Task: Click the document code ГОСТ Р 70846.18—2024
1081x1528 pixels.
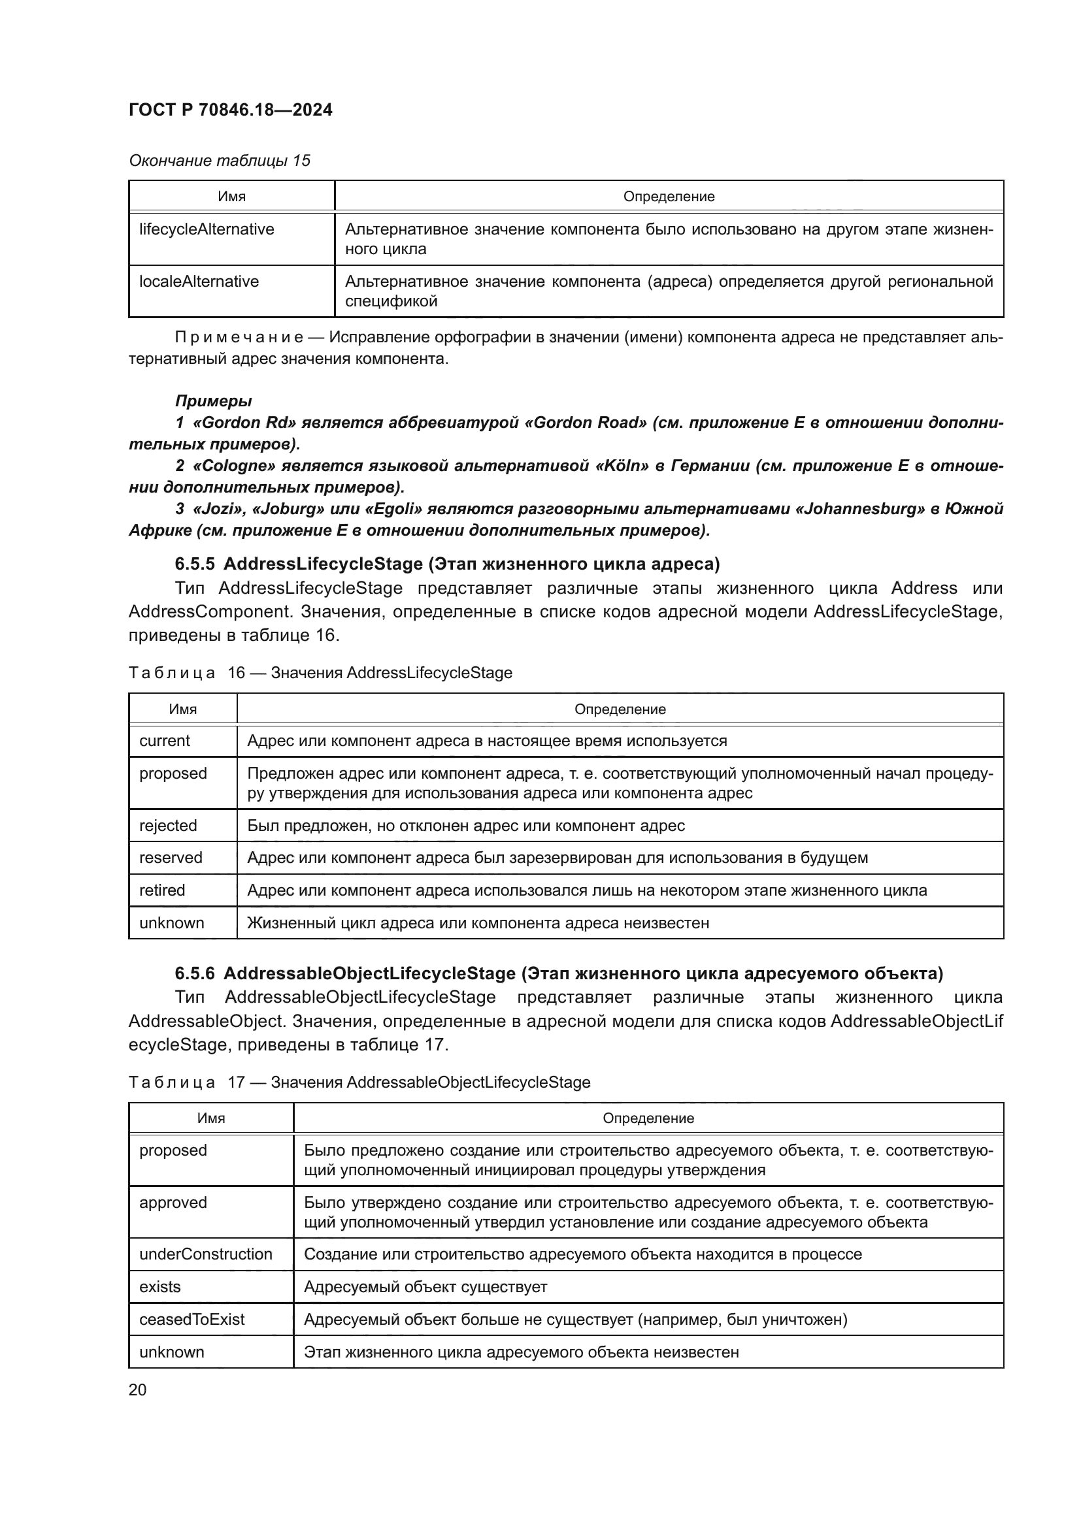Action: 230,110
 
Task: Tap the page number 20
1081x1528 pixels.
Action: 137,1390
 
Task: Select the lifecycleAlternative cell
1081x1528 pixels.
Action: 207,229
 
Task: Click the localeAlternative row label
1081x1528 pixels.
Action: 199,282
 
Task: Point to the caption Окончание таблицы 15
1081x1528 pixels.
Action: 219,161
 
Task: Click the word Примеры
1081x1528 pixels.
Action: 213,400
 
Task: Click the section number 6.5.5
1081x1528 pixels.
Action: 194,564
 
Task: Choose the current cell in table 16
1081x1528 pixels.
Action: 165,741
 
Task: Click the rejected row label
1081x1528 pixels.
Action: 168,826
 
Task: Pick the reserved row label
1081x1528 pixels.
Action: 171,858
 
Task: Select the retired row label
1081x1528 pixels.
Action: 161,890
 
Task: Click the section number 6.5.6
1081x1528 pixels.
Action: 194,973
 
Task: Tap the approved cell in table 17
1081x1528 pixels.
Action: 173,1203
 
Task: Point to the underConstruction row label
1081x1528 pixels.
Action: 206,1254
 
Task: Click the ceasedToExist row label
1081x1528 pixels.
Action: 191,1319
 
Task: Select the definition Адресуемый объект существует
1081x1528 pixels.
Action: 425,1287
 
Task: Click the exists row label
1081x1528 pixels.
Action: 159,1287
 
